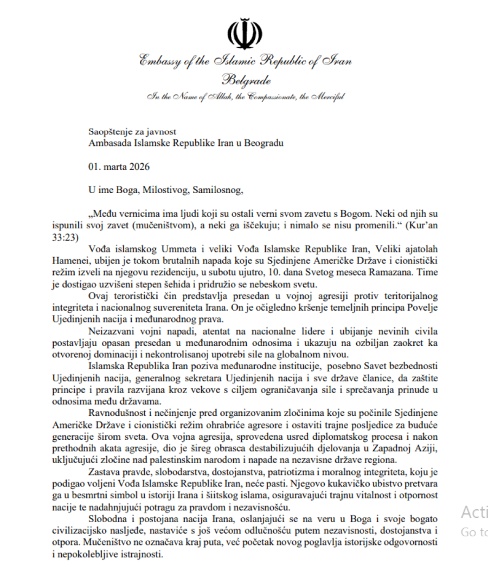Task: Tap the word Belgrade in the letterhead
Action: [x=246, y=81]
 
